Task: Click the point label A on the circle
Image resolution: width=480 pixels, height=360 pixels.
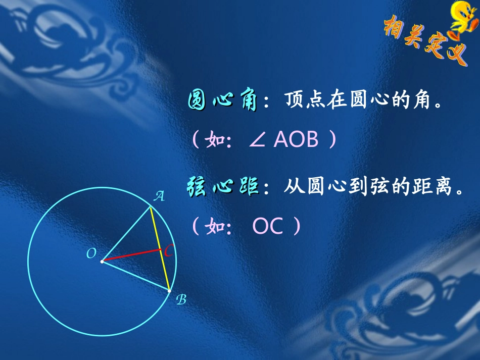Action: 159,196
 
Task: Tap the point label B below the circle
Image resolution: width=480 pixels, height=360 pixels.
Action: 181,300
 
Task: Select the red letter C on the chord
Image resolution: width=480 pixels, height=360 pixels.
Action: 169,250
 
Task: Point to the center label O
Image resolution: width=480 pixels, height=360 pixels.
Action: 91,254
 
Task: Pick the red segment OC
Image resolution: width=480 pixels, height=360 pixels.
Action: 131,255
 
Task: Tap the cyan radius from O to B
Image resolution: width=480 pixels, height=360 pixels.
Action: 135,276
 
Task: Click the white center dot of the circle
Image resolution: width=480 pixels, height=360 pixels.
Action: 102,262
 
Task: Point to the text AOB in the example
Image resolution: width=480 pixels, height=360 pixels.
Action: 296,140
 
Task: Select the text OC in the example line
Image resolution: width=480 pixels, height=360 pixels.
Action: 268,227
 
